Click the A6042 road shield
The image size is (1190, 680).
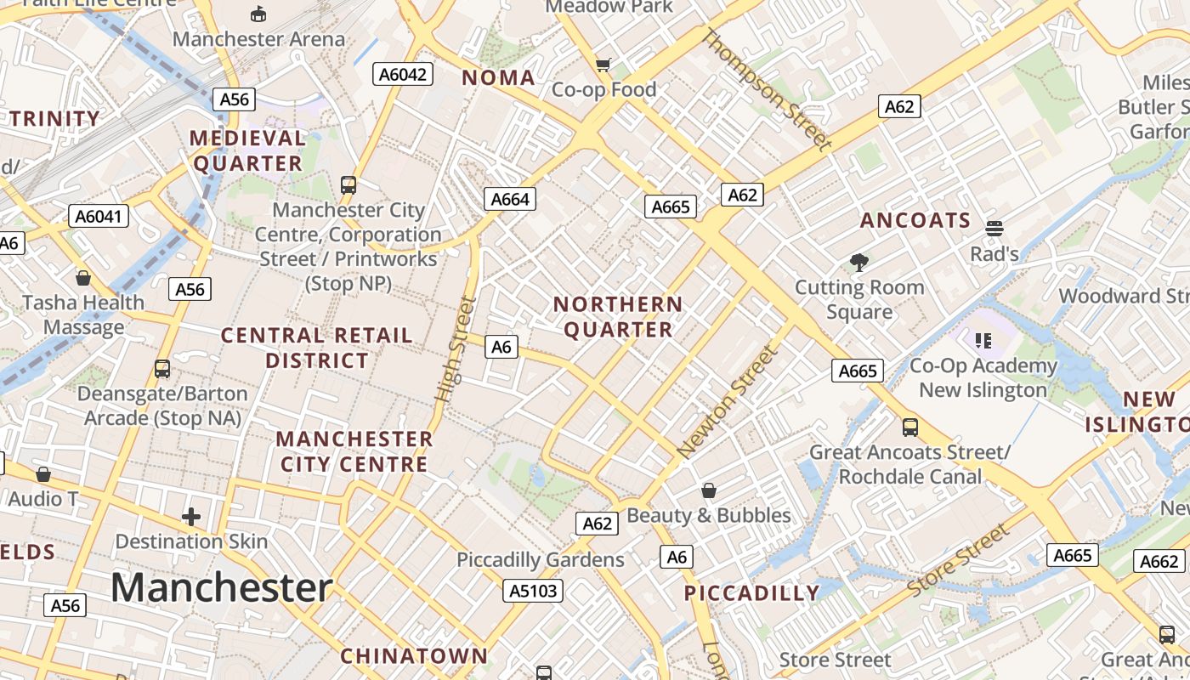click(403, 75)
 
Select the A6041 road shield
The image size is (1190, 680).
click(99, 216)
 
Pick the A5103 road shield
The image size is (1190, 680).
click(533, 591)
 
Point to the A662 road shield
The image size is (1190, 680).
click(1159, 561)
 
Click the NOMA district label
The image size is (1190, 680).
click(498, 78)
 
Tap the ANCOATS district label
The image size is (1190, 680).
click(915, 221)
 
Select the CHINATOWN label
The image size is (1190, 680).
click(414, 656)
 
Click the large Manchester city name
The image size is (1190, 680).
click(221, 587)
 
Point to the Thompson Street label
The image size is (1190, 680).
click(767, 89)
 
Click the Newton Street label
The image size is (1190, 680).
click(728, 401)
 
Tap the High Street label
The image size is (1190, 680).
click(455, 350)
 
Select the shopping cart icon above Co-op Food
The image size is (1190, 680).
click(603, 65)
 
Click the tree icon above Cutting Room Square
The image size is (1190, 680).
click(859, 263)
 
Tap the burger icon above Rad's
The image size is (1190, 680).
click(994, 228)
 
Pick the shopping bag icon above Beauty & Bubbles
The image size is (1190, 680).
click(709, 490)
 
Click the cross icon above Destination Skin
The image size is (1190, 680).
click(191, 516)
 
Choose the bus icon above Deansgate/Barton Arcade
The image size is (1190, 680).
click(162, 369)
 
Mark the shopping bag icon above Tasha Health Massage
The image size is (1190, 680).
click(83, 278)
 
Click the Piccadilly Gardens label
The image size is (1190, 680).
click(541, 560)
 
